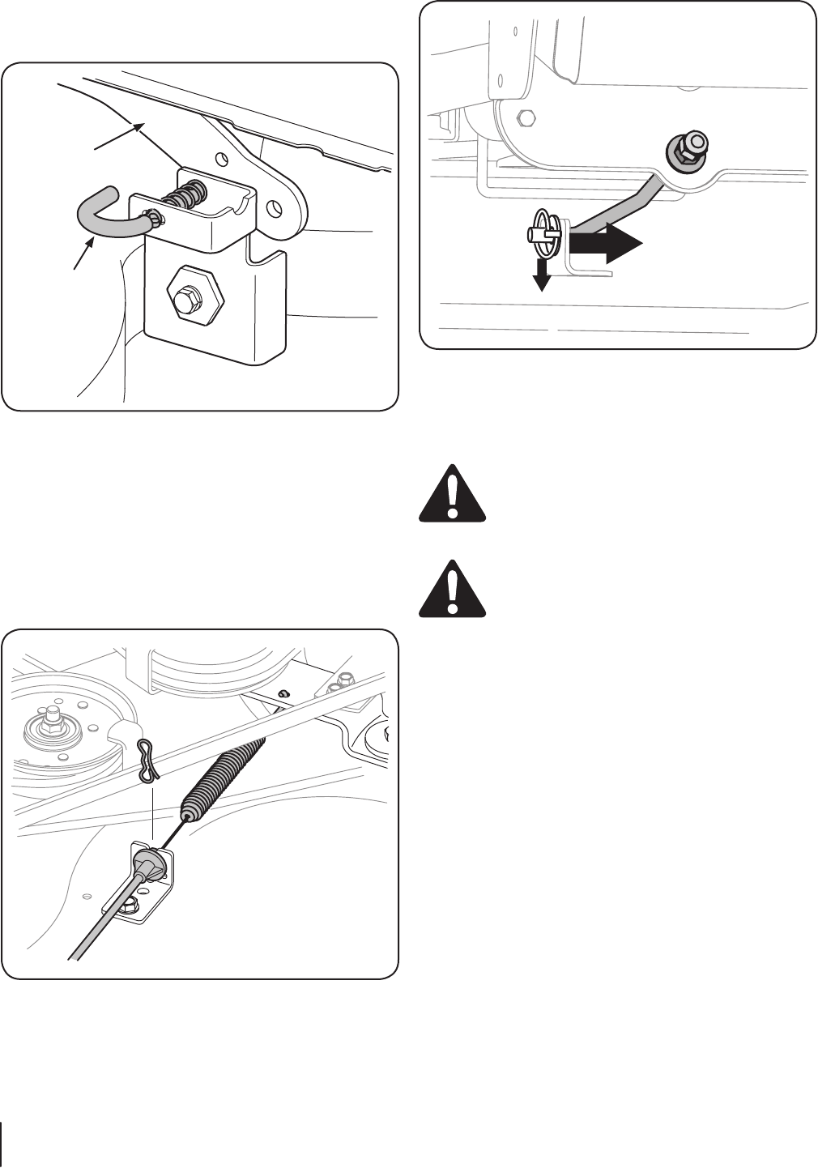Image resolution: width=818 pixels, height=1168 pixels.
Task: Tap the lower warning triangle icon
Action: (x=453, y=589)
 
